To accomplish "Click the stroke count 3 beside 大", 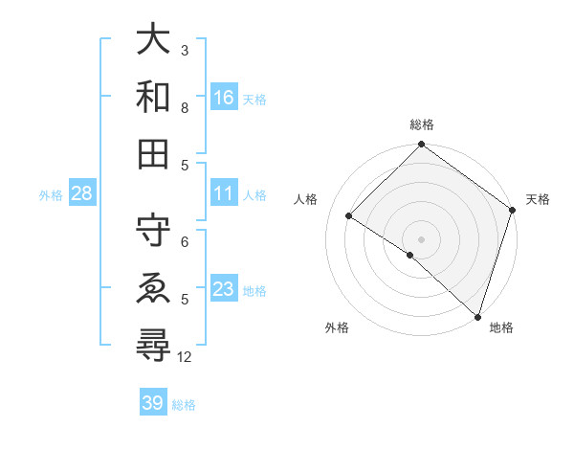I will tap(186, 50).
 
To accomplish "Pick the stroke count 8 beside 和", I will tap(186, 107).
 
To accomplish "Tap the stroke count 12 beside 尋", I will tap(186, 357).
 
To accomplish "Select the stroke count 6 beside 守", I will tap(186, 241).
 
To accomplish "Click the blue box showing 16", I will tap(224, 97).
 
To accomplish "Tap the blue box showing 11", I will tap(224, 193).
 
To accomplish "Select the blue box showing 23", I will tap(224, 289).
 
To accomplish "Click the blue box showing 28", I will tap(82, 194).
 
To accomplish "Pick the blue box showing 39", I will tap(153, 403).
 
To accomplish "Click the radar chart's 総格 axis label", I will tap(422, 125).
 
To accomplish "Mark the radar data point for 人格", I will tap(349, 216).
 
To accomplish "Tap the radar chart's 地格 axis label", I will tap(501, 328).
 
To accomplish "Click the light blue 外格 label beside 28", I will tap(51, 195).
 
